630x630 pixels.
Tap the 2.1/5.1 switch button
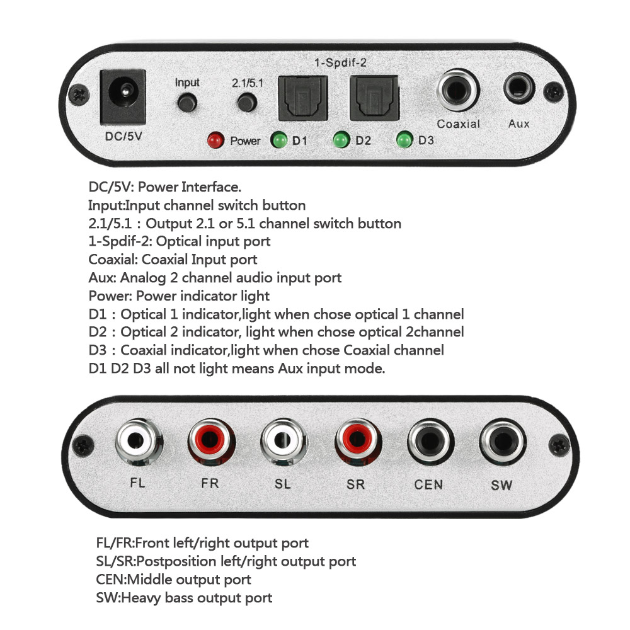pos(246,101)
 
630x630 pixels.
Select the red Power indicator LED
pos(216,140)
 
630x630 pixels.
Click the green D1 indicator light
pos(278,140)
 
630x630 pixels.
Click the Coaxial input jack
pos(457,91)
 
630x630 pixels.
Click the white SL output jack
pos(284,444)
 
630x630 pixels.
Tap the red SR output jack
pos(357,444)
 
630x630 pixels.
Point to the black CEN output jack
pos(430,444)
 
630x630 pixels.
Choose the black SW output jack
pos(502,444)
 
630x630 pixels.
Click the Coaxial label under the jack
pos(458,124)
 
